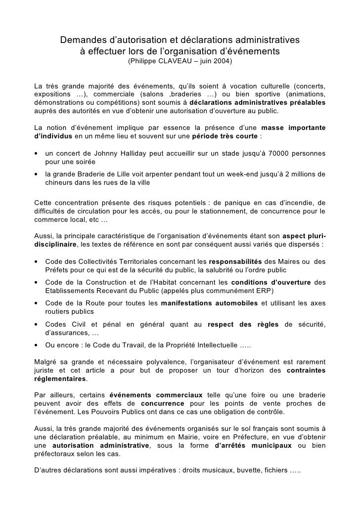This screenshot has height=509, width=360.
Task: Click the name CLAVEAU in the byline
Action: coord(187,63)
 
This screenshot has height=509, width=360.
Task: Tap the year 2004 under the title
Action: coord(223,63)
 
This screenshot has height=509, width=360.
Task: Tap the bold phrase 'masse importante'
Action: coord(293,128)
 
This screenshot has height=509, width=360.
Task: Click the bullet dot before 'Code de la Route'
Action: coord(37,303)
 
